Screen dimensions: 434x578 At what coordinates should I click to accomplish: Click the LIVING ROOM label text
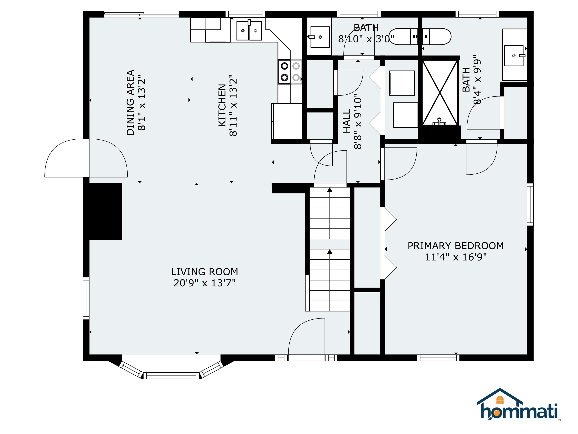point(204,272)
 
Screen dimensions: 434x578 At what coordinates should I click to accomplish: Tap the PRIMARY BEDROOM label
point(456,246)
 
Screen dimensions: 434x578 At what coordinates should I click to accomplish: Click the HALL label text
point(346,121)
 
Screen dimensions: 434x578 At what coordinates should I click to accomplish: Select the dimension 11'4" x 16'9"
point(456,257)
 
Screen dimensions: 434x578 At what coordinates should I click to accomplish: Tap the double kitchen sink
point(249,31)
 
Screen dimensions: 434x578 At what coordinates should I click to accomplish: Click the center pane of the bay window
point(171,376)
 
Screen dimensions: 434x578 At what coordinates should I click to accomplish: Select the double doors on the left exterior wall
point(86,158)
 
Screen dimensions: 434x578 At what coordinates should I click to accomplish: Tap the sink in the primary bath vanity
point(514,55)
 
